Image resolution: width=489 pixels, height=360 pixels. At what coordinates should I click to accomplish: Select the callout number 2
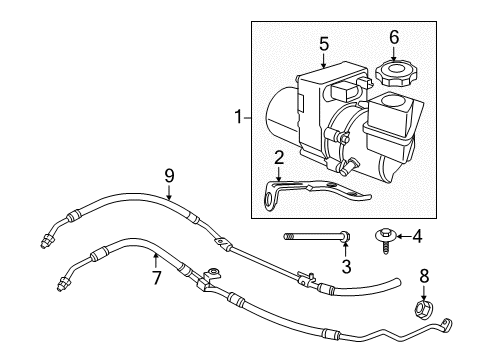(x=279, y=156)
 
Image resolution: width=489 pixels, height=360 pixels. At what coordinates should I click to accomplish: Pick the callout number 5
(x=323, y=43)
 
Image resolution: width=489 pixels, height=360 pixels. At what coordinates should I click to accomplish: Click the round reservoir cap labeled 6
(x=393, y=73)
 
